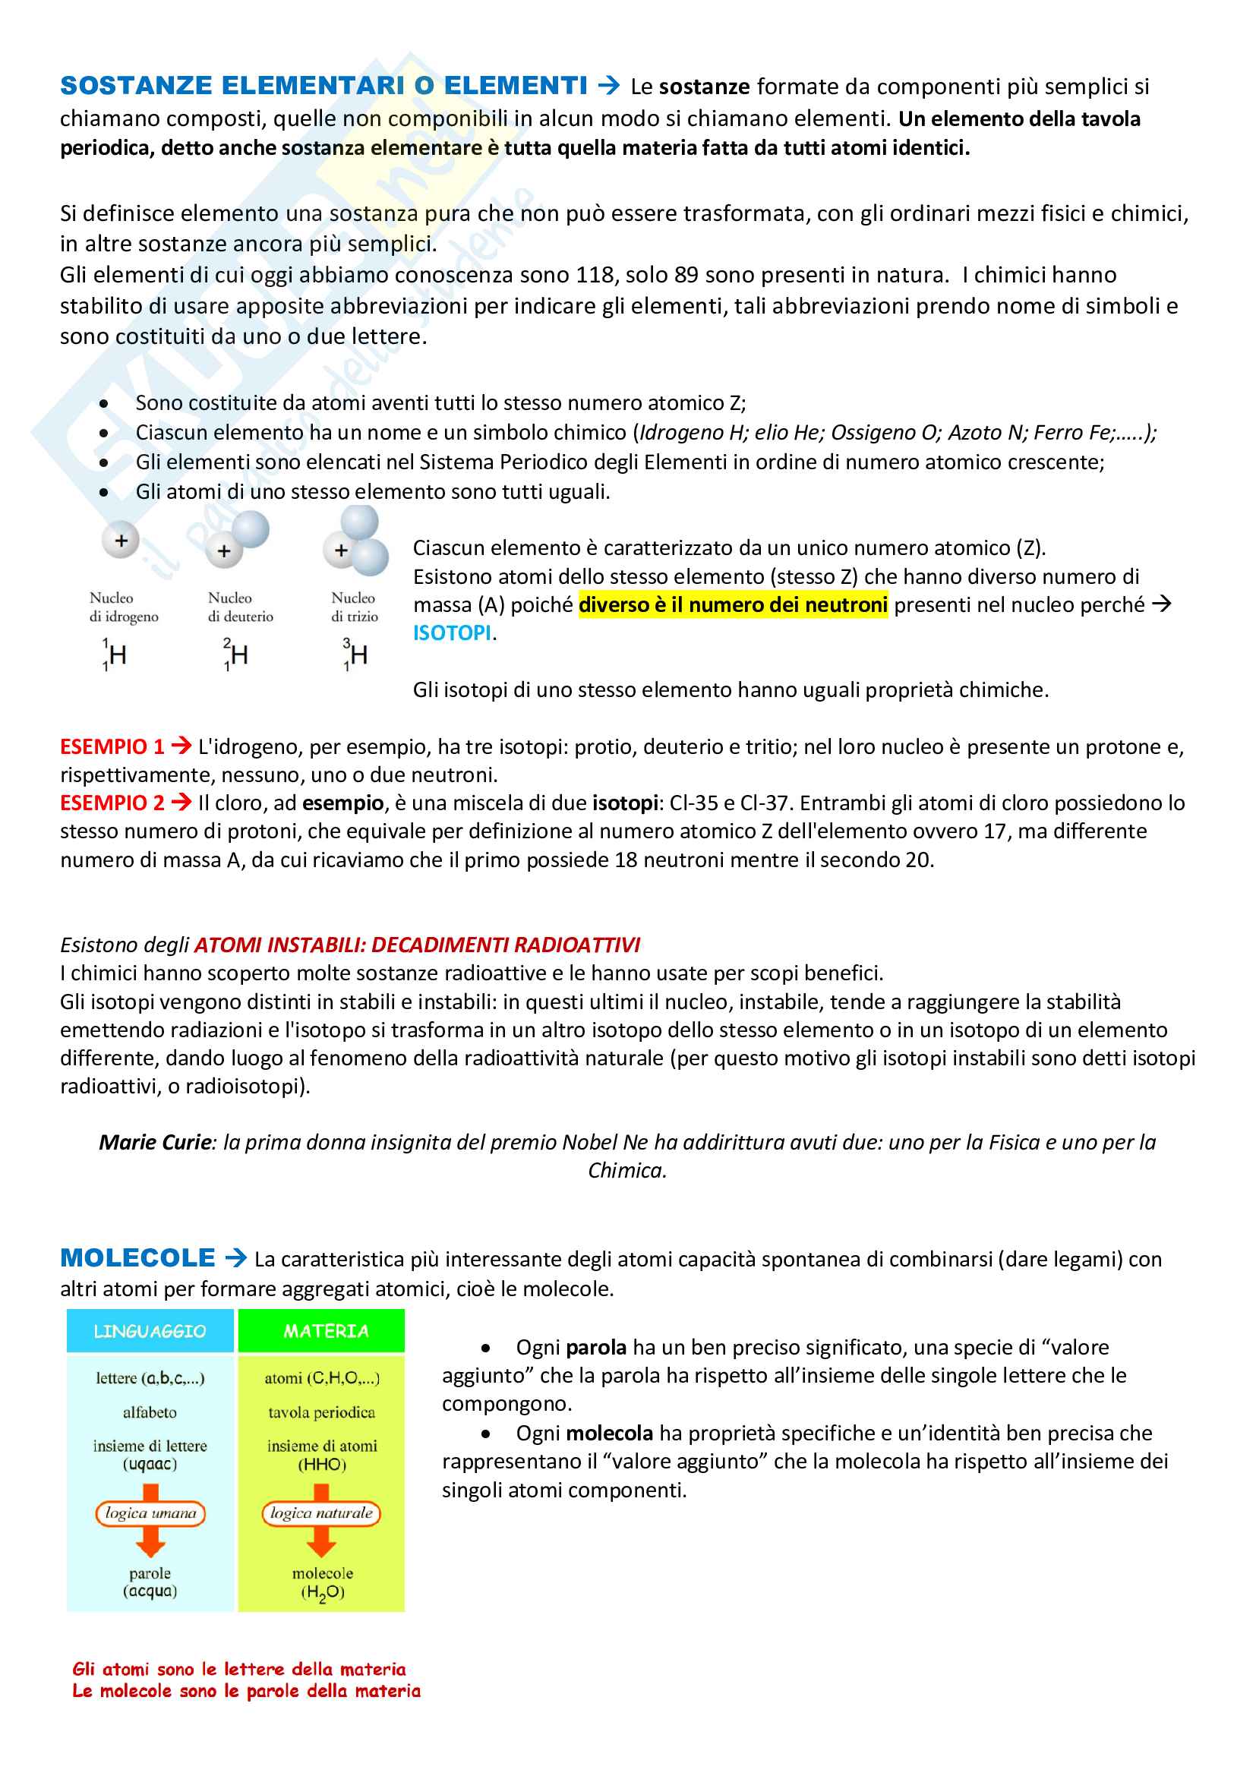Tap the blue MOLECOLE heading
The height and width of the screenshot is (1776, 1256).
click(x=137, y=1257)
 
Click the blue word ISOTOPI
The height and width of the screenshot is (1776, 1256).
click(x=452, y=632)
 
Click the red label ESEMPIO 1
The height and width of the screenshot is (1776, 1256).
click(x=112, y=746)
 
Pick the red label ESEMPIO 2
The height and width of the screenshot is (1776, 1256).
click(x=112, y=803)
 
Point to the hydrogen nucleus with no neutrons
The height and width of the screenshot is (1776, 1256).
click(x=121, y=540)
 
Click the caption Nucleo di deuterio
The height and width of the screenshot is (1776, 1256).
click(x=240, y=607)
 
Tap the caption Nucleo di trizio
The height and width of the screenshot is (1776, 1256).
click(x=354, y=607)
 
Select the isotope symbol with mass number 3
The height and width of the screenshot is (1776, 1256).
click(x=355, y=655)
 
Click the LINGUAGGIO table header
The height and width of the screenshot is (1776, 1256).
click(x=150, y=1331)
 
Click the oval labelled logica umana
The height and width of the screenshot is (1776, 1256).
click(x=151, y=1514)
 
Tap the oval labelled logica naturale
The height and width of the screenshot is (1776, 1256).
click(x=321, y=1514)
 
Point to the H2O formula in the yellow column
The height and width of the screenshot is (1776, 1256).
click(x=323, y=1592)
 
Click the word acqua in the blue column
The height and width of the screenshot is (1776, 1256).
click(x=150, y=1591)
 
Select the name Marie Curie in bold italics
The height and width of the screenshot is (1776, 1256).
click(x=155, y=1143)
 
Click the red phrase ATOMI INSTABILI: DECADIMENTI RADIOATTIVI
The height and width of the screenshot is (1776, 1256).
click(x=417, y=945)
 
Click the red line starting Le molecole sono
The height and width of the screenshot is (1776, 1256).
click(x=246, y=1691)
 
